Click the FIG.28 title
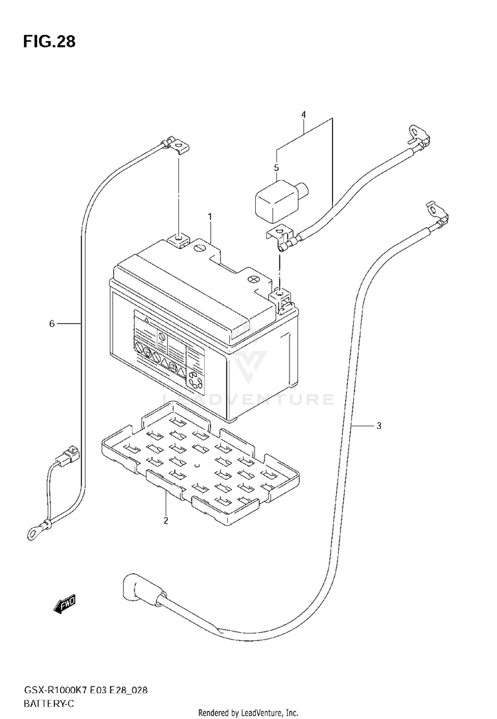(50, 42)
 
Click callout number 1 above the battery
(209, 216)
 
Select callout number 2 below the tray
(166, 520)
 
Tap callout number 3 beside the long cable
(378, 426)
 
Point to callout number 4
(304, 114)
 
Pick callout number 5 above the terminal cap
(276, 168)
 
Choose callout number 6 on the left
(52, 324)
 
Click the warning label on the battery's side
(167, 348)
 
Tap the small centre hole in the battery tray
(197, 466)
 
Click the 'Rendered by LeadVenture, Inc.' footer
(248, 712)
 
